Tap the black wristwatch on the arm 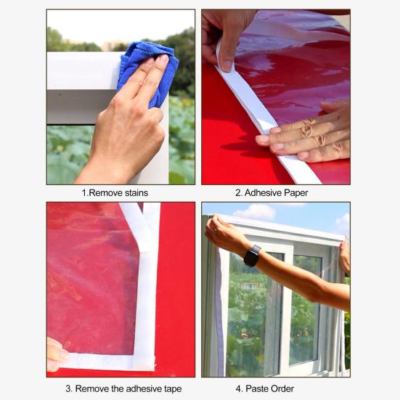point(252,256)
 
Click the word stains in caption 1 point(133,192)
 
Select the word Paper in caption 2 point(293,192)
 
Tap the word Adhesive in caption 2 point(261,192)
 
